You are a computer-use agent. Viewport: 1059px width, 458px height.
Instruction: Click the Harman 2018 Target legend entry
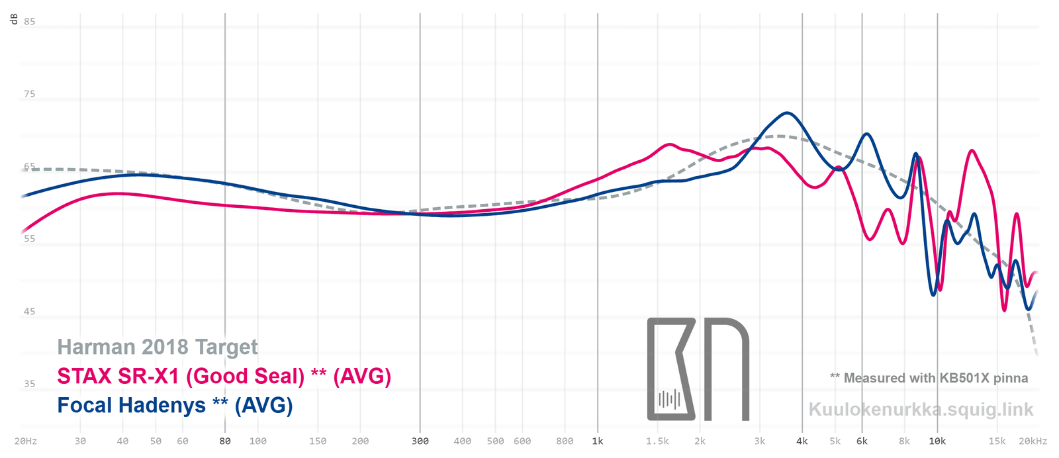[158, 347]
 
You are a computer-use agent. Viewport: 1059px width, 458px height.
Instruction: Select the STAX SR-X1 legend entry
[224, 376]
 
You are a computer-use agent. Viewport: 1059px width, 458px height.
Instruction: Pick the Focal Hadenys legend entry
[175, 405]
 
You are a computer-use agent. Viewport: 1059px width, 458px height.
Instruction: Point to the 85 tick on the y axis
[30, 21]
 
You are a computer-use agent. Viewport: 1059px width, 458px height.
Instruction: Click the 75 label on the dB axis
[30, 94]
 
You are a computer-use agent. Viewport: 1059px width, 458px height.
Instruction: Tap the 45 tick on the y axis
[30, 311]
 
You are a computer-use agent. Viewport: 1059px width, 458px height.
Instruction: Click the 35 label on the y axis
[30, 383]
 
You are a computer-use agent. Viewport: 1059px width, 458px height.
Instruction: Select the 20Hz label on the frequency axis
[26, 441]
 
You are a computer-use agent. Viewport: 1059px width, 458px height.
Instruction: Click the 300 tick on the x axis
[420, 441]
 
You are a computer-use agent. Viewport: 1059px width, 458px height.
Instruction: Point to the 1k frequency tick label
[598, 441]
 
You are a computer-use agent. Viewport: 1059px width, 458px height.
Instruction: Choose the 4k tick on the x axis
[802, 441]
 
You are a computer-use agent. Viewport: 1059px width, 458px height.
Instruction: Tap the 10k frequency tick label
[937, 441]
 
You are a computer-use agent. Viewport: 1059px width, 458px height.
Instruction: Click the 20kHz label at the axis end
[1033, 441]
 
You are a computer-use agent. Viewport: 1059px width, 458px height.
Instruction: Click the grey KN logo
[698, 369]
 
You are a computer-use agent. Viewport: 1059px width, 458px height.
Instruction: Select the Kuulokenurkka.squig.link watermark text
[921, 409]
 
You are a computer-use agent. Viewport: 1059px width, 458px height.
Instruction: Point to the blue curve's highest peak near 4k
[786, 113]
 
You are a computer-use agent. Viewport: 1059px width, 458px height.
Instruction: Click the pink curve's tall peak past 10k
[972, 151]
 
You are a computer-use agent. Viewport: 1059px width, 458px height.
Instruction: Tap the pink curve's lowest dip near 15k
[1005, 310]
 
